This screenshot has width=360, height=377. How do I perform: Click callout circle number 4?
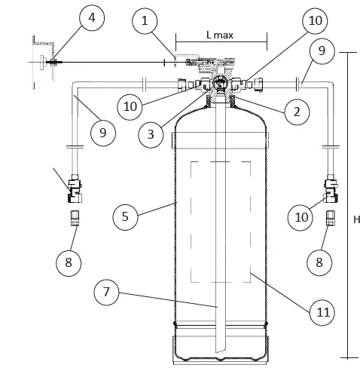pyautogui.click(x=92, y=18)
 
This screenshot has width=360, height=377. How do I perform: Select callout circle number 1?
pyautogui.click(x=145, y=21)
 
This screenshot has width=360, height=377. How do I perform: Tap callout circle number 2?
pyautogui.click(x=297, y=112)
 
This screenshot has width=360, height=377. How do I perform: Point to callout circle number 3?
pyautogui.click(x=151, y=135)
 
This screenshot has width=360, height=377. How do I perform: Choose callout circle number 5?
pyautogui.click(x=125, y=217)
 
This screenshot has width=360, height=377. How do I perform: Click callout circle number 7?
pyautogui.click(x=106, y=293)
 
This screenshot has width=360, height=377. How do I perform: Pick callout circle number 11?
pyautogui.click(x=322, y=312)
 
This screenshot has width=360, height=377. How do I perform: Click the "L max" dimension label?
pyautogui.click(x=220, y=35)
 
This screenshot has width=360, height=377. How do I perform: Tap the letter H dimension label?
pyautogui.click(x=356, y=219)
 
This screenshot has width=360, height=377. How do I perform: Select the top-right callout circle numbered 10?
pyautogui.click(x=315, y=21)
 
